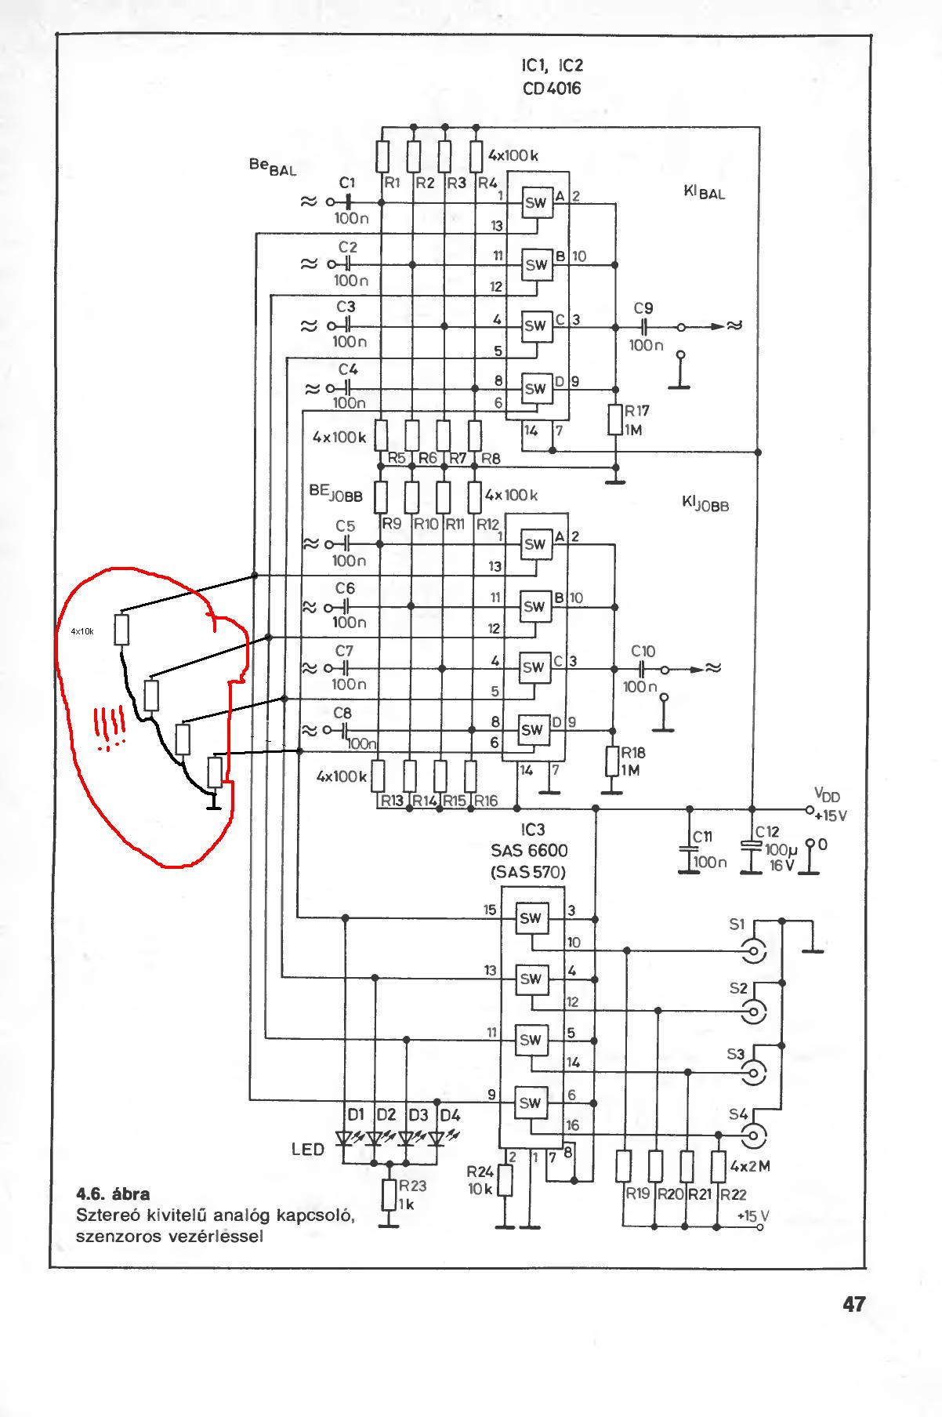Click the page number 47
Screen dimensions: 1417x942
(853, 1304)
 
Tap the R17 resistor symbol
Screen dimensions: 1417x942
(615, 420)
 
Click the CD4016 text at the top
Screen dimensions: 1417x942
(552, 89)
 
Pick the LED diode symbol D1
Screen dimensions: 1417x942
(345, 1137)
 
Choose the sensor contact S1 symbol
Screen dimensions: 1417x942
(755, 951)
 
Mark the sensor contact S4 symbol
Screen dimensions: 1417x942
(755, 1134)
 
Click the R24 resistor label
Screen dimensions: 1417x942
(480, 1172)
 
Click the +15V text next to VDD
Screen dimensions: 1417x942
(830, 816)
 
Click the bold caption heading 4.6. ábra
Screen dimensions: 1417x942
(113, 1194)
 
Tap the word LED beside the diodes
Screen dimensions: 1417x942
(308, 1150)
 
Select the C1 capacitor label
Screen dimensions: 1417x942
(347, 183)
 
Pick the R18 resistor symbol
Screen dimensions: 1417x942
(613, 761)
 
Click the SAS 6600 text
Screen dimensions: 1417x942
(531, 850)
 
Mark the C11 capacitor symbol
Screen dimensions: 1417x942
(689, 849)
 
